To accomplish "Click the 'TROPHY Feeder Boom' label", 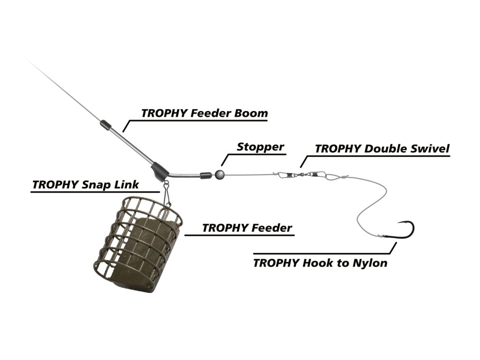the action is point(204,113).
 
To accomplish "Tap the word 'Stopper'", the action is point(261,147).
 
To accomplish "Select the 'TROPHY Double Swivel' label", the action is point(382,149).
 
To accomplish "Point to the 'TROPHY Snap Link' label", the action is point(85,185).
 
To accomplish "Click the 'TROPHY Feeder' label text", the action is point(247,228).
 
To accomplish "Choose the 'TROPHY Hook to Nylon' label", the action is point(320,263).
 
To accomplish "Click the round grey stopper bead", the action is point(219,174).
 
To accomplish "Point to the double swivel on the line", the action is point(300,175).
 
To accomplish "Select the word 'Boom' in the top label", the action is point(251,113).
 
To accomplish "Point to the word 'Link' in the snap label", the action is point(127,185).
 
